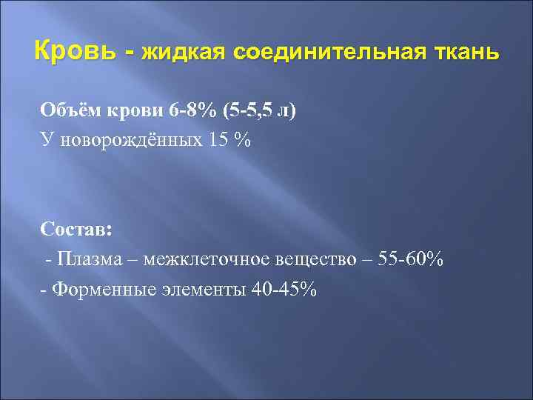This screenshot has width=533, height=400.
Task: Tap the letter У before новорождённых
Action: (x=46, y=140)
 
